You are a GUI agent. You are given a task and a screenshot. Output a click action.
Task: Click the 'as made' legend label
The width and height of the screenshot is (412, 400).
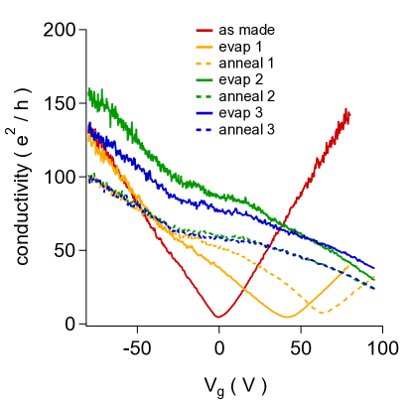pos(246,30)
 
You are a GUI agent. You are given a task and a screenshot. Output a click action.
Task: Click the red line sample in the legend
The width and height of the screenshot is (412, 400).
pos(206,30)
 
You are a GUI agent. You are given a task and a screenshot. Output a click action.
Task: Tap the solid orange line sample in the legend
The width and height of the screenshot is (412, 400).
pos(206,47)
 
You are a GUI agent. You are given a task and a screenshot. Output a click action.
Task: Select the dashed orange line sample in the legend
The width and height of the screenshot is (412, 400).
pos(206,64)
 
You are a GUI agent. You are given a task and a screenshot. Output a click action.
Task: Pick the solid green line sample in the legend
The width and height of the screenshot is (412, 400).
pos(206,79)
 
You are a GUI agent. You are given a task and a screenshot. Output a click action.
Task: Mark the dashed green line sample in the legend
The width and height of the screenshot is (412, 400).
pos(206,96)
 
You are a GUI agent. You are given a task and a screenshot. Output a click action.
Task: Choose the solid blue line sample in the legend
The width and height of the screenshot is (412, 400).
pos(206,113)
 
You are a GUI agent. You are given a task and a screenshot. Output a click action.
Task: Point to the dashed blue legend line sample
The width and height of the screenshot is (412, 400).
pos(206,130)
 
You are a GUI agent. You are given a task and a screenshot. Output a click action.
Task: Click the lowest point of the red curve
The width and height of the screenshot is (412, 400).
pos(218,317)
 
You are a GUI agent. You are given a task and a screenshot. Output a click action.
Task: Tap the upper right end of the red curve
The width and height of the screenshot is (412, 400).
pos(348,108)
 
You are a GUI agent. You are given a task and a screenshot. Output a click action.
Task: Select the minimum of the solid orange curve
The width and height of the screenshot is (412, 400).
pos(288,317)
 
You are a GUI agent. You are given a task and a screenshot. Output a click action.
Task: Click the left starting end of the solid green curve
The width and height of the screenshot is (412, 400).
pos(88,92)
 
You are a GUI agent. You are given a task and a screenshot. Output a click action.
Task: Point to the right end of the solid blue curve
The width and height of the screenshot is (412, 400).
pos(374,269)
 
